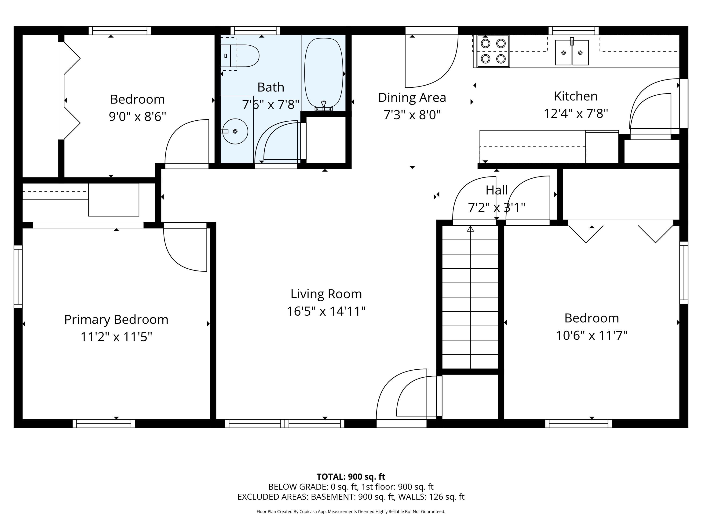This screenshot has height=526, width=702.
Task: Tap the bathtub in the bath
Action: point(323,73)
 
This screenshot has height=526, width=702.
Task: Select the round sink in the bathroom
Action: point(235,131)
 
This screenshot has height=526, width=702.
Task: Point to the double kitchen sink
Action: point(572,53)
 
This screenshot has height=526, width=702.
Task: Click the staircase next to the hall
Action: point(470,296)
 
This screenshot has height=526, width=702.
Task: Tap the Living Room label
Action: point(326,294)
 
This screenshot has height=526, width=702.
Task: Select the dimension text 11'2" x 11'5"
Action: point(116,337)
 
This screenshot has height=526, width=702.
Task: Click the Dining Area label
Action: point(412,98)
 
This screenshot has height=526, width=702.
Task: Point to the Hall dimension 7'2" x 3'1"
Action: point(496,207)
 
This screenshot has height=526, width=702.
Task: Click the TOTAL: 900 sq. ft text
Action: point(351,476)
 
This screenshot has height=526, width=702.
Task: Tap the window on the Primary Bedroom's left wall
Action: point(18,277)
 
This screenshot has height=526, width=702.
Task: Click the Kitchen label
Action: point(575,96)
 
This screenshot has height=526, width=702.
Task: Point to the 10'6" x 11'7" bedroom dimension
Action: point(591,335)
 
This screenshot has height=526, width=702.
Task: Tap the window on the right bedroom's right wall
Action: point(683,272)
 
